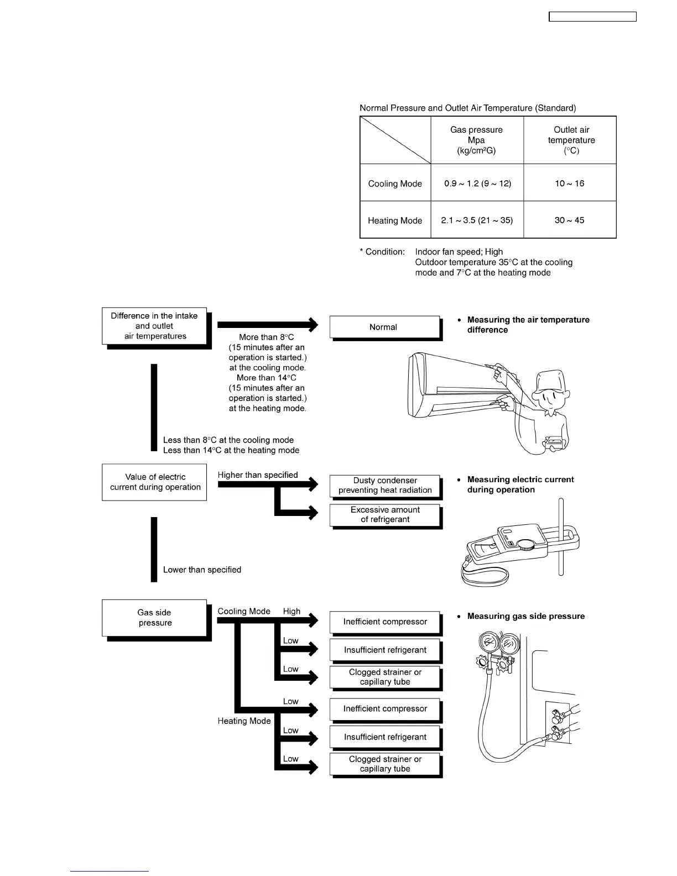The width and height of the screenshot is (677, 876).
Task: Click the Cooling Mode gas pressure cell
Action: pyautogui.click(x=477, y=183)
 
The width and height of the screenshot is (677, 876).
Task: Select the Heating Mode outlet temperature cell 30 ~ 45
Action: pyautogui.click(x=569, y=220)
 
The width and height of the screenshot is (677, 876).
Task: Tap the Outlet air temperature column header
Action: pyautogui.click(x=571, y=140)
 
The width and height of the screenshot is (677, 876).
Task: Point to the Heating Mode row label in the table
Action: pyautogui.click(x=395, y=220)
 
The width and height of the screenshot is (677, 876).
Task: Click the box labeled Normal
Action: pyautogui.click(x=384, y=327)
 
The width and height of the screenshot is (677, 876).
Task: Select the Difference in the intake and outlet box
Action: pyautogui.click(x=154, y=326)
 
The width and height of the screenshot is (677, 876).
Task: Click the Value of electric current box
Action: pyautogui.click(x=154, y=482)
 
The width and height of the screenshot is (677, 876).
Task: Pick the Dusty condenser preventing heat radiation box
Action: pyautogui.click(x=385, y=485)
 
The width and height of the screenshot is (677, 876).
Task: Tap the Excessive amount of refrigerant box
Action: pyautogui.click(x=385, y=514)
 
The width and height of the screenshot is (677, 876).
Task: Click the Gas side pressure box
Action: pyautogui.click(x=154, y=618)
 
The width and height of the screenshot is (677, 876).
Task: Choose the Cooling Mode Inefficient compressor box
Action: pyautogui.click(x=385, y=622)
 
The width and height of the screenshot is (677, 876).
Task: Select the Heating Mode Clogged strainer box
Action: pyautogui.click(x=385, y=764)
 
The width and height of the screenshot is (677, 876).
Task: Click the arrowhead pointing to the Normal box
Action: pyautogui.click(x=313, y=324)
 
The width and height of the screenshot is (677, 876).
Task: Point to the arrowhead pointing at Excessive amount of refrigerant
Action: pyautogui.click(x=313, y=512)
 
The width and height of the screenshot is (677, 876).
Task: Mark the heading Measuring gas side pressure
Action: pyautogui.click(x=525, y=616)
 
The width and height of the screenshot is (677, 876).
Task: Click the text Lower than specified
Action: pyautogui.click(x=202, y=570)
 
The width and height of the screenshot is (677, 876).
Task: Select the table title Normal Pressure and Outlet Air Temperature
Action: pyautogui.click(x=467, y=108)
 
